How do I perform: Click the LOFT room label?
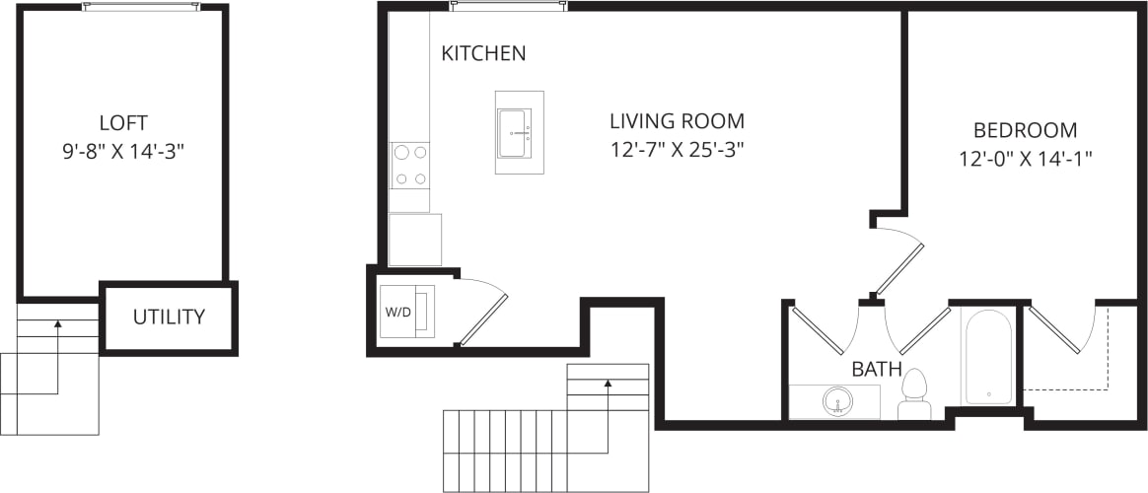coord(123,123)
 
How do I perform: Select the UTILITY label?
coord(169,317)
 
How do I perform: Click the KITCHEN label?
coord(483,53)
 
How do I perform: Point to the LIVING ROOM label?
coord(677,122)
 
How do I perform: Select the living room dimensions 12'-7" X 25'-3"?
coord(677,151)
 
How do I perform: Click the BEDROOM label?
coord(1025,130)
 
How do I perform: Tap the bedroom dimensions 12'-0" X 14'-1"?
coord(1025,158)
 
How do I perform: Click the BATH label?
coord(877,370)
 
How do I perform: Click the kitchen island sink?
coord(514,133)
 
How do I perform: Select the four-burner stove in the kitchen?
coord(410,165)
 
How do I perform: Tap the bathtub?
coord(988,357)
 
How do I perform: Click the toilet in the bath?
coord(915,395)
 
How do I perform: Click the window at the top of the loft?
coord(141,6)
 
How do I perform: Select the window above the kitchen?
coord(509,6)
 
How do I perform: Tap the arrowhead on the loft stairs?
coord(58,322)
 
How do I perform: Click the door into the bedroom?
coord(898,267)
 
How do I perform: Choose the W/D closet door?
coord(483,317)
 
